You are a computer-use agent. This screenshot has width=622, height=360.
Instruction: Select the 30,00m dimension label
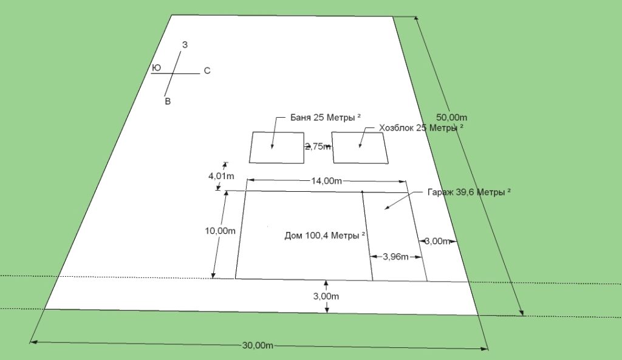click(x=258, y=345)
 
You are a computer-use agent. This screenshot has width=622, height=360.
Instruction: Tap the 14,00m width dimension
click(x=326, y=180)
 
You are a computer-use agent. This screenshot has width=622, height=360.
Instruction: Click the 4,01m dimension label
click(x=221, y=176)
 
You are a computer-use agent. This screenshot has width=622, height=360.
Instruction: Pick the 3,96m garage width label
click(x=396, y=257)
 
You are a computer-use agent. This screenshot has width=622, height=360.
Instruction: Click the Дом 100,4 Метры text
click(x=324, y=235)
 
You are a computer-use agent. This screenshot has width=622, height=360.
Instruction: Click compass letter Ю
click(x=156, y=68)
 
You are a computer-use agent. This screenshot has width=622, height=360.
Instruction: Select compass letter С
click(x=207, y=71)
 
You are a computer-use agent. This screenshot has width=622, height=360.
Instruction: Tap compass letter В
click(x=168, y=101)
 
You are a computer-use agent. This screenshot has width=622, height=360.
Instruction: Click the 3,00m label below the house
click(x=327, y=296)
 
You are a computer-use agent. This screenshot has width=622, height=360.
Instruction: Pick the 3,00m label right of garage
click(x=437, y=241)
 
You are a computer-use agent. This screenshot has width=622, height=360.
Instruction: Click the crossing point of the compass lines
click(x=173, y=73)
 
